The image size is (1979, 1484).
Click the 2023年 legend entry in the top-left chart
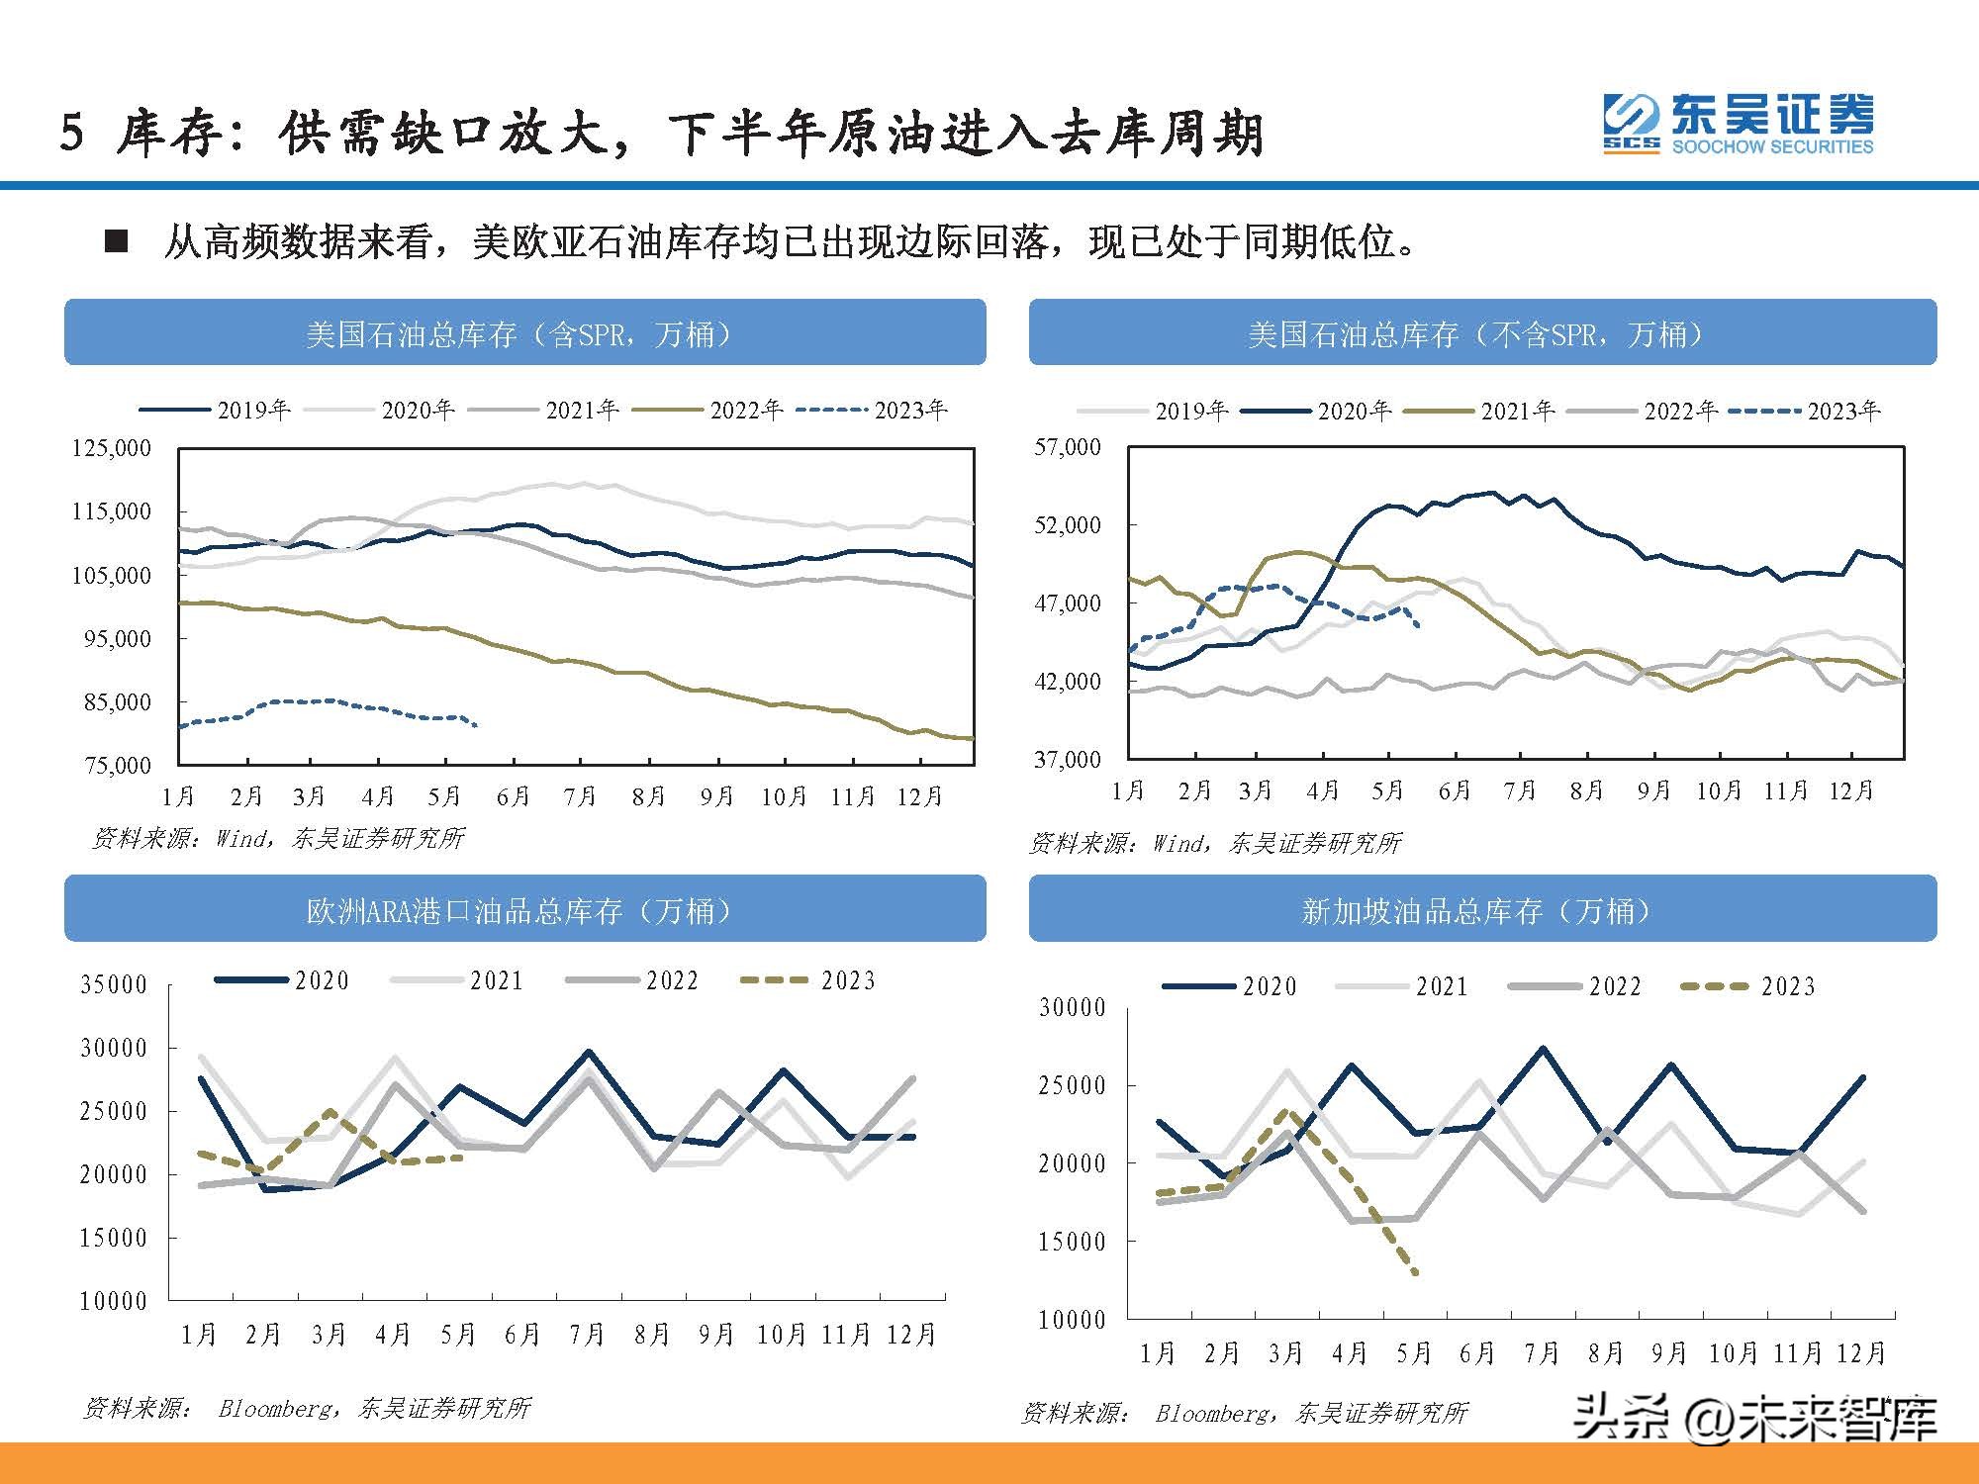(873, 410)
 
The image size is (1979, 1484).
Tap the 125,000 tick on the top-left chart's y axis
(112, 448)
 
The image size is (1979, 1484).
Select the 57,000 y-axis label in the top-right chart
(1068, 447)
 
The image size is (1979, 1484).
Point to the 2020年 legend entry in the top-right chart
(1316, 411)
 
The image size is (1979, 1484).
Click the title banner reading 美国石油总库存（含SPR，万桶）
(524, 333)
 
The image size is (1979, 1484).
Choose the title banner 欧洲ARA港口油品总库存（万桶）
(524, 909)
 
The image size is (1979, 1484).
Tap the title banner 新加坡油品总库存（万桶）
(1481, 909)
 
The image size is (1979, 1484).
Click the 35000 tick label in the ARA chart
(114, 984)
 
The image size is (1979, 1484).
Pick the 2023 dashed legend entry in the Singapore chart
(1748, 986)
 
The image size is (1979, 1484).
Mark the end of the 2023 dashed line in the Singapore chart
(1417, 1273)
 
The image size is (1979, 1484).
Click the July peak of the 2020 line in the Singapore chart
(1543, 1048)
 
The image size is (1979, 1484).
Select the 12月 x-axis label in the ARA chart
(911, 1335)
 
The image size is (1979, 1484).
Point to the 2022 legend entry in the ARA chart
(632, 980)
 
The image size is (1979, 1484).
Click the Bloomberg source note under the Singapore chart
(1245, 1413)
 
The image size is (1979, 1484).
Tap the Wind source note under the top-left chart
(278, 839)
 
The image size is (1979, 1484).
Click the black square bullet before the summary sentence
(117, 241)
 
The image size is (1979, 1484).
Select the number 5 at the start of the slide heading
(71, 134)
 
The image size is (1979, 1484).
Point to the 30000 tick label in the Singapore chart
(1072, 1008)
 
